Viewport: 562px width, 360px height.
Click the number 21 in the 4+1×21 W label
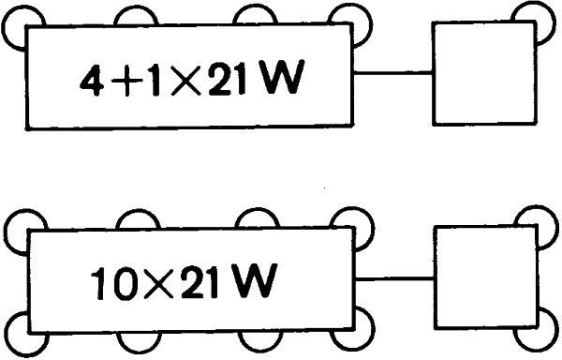click(x=235, y=83)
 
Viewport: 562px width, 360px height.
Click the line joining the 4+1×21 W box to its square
click(x=394, y=73)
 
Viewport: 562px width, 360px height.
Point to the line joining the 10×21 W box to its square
click(x=394, y=277)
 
